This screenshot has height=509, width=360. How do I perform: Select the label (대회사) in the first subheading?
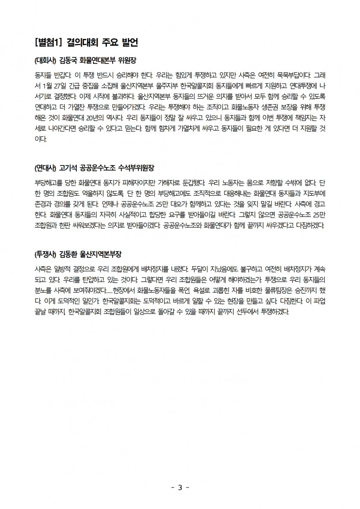[45, 60]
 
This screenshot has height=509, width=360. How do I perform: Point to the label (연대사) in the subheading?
[45, 166]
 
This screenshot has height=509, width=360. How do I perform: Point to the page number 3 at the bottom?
[180, 487]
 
